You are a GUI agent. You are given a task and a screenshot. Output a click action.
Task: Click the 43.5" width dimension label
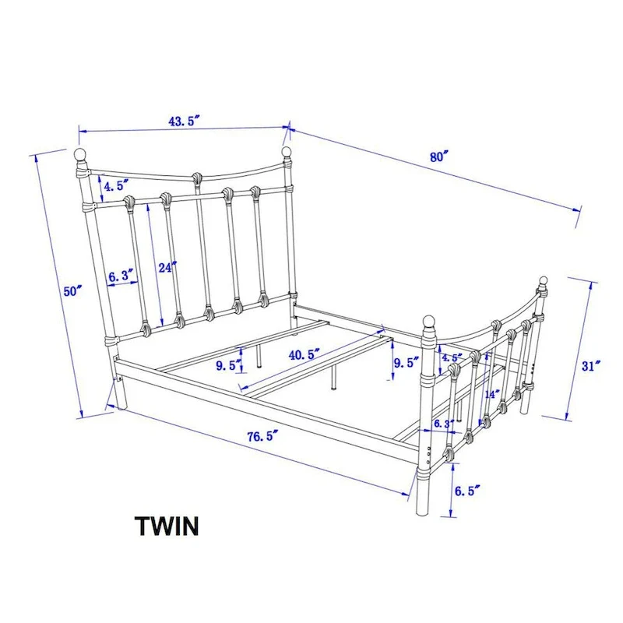click(184, 121)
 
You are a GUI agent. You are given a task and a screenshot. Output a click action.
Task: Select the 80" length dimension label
click(438, 157)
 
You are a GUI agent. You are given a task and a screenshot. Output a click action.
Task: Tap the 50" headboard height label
click(72, 290)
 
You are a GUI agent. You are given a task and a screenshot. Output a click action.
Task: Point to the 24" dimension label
click(167, 267)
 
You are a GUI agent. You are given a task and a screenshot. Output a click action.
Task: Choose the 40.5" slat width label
click(304, 354)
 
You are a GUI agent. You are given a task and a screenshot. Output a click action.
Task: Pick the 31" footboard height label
click(591, 365)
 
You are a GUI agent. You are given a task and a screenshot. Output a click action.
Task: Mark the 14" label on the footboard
click(492, 395)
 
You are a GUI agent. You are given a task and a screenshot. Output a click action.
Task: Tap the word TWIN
click(167, 526)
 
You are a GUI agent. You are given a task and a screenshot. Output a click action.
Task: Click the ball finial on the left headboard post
click(80, 153)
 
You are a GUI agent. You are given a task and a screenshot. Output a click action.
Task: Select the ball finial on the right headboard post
click(286, 152)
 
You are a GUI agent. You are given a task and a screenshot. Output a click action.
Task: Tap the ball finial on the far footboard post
click(543, 281)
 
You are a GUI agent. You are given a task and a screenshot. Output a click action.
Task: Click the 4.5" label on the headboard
click(116, 185)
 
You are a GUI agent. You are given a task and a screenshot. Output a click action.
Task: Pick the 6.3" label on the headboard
click(121, 276)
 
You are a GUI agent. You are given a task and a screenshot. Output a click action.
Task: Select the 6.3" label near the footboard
click(444, 424)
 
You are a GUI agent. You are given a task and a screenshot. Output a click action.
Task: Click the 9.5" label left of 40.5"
click(229, 365)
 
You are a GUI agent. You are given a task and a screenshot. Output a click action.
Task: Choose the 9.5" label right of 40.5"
click(406, 362)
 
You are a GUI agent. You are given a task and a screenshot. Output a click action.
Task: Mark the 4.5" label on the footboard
click(452, 357)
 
